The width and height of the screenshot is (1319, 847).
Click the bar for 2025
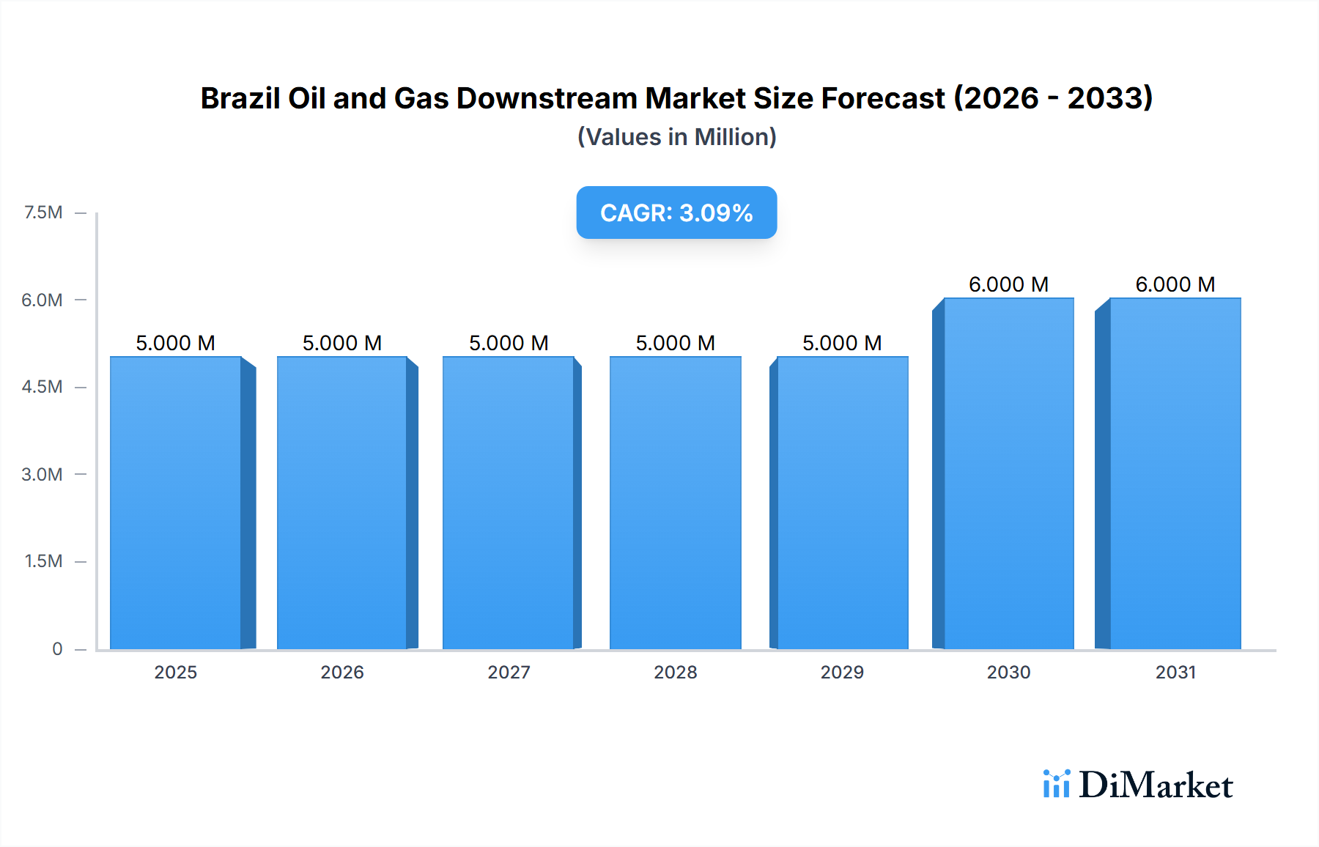coord(176,503)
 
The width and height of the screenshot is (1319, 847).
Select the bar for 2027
coord(509,503)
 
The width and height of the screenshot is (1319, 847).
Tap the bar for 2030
coord(1008,473)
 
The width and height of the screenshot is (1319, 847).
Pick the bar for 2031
coord(1175,473)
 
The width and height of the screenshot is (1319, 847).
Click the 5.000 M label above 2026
coord(342,343)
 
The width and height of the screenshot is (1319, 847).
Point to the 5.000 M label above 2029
coord(842,343)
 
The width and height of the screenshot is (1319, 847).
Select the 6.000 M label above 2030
coord(1008,284)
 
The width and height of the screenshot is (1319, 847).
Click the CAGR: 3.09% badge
coord(676,212)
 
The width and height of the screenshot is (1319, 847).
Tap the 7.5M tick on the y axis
coord(43,212)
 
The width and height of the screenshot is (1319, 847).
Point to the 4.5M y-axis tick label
coord(42,387)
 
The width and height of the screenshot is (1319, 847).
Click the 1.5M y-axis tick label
coord(43,561)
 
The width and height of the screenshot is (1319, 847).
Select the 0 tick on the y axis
coord(57,648)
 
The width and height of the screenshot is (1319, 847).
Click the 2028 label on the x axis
coord(675,672)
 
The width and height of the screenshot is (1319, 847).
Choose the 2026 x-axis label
coord(342,672)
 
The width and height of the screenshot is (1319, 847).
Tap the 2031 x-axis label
coord(1175,672)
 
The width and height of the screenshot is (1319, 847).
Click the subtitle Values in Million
coord(676,137)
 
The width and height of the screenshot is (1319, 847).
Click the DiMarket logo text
coord(1156,785)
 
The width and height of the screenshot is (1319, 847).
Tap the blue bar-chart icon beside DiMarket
coord(1056,784)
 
